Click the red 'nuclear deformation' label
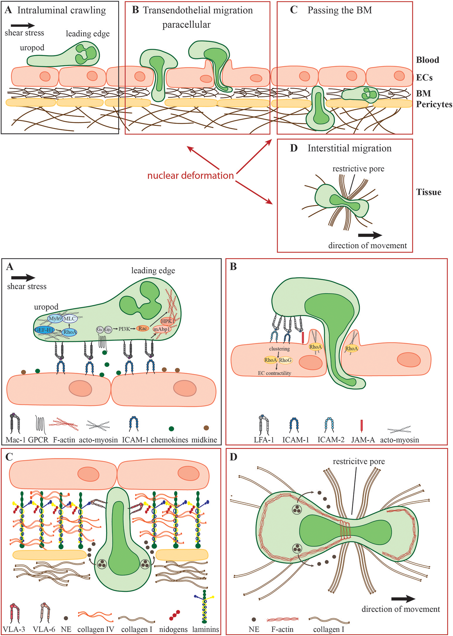coord(191,176)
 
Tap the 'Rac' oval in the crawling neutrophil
coord(143,329)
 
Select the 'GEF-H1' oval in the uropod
coord(44,330)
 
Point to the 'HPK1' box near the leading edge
coord(167,321)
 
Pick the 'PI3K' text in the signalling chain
coord(124,329)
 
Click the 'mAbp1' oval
coord(162,329)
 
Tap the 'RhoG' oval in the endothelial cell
coord(285,360)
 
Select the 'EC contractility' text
coord(274,373)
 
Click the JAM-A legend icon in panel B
coord(362,425)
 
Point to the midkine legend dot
coord(206,428)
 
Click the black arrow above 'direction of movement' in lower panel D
coord(403,599)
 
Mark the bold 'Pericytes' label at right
coord(434,104)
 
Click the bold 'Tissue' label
coord(428,192)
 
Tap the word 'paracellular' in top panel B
coord(186,25)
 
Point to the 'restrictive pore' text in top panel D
coord(358,169)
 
